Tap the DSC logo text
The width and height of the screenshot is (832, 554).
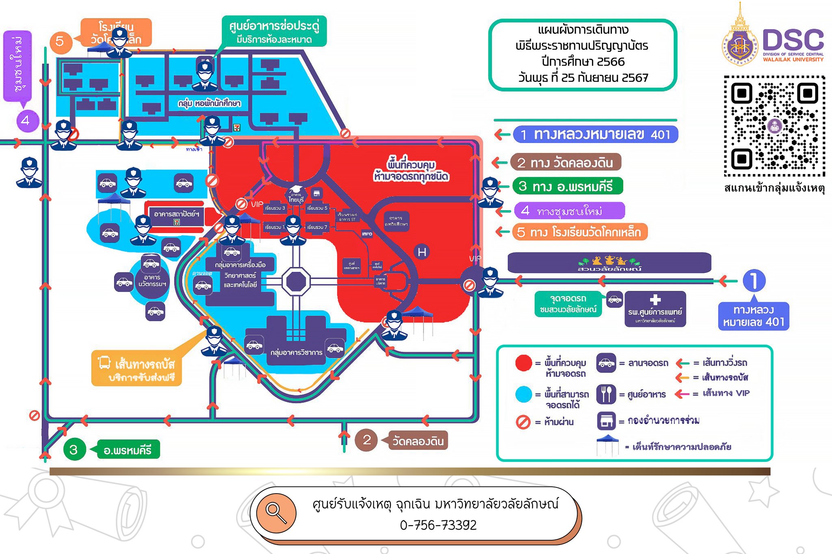793,41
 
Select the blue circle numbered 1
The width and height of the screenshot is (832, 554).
754,280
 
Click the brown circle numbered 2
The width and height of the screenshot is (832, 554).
367,440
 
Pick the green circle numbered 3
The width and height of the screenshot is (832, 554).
74,450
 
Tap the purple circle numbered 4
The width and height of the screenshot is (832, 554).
26,121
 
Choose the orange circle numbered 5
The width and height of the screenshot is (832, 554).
60,41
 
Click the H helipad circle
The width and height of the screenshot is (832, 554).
422,252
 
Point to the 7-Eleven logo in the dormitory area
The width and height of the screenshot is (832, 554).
236,127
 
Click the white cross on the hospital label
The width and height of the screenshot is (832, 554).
655,300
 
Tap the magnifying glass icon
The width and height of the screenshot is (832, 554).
276,513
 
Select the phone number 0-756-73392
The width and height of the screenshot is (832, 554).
438,525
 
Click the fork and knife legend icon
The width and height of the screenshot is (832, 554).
606,394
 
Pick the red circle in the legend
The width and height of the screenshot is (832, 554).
523,363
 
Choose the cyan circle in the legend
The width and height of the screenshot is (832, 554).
523,394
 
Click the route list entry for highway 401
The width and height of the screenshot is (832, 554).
596,135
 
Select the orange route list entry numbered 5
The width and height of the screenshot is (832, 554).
579,232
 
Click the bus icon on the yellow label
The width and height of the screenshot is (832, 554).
104,362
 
